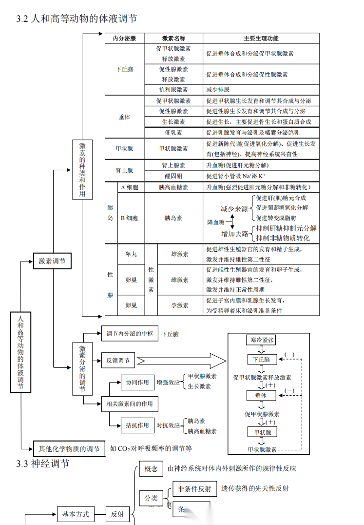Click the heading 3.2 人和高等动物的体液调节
[77, 19]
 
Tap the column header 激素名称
[173, 38]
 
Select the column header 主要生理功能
[261, 38]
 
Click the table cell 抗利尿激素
[173, 90]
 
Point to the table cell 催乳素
[173, 132]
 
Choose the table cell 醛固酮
[173, 176]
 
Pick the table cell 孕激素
[179, 305]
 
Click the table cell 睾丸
[131, 254]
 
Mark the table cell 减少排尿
[218, 90]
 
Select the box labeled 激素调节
[52, 261]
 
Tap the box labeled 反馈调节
[117, 361]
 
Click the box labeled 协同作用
[137, 383]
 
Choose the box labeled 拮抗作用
[137, 425]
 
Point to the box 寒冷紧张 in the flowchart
[262, 340]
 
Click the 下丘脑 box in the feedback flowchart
[262, 360]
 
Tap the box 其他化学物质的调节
[69, 448]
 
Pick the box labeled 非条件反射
[194, 489]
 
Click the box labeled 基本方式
[76, 514]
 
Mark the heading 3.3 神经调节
[43, 464]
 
